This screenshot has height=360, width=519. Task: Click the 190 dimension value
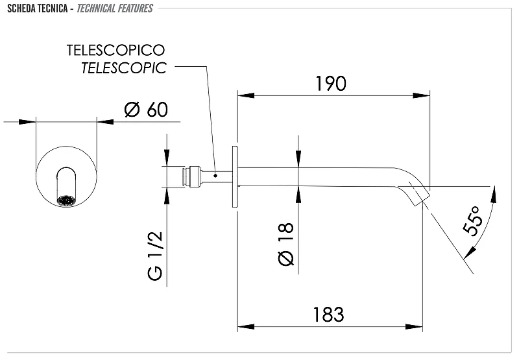pos(331,84)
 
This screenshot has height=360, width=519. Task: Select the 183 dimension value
pos(329,315)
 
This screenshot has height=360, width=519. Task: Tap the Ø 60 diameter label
pos(147,110)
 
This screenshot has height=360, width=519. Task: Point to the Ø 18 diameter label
pos(286,244)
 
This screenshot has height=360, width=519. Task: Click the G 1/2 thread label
pos(155,256)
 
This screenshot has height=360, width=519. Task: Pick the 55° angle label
pos(472,221)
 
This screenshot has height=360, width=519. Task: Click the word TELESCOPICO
pos(116,51)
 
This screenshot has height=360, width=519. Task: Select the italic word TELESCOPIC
pos(124,68)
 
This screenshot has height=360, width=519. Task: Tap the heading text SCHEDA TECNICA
pos(38,8)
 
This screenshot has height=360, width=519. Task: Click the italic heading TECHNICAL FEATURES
pos(115,8)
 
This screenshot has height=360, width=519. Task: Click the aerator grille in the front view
pos(66,200)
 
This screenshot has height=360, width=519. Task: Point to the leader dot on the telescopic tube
pos(215,175)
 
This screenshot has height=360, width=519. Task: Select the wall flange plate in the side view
pos(235,177)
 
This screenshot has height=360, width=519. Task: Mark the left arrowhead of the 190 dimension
pos(247,95)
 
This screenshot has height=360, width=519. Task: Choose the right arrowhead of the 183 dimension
pos(414,327)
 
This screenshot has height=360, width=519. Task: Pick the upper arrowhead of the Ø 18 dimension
pos(298,158)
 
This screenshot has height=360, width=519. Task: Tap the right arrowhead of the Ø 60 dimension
pos(105,122)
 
